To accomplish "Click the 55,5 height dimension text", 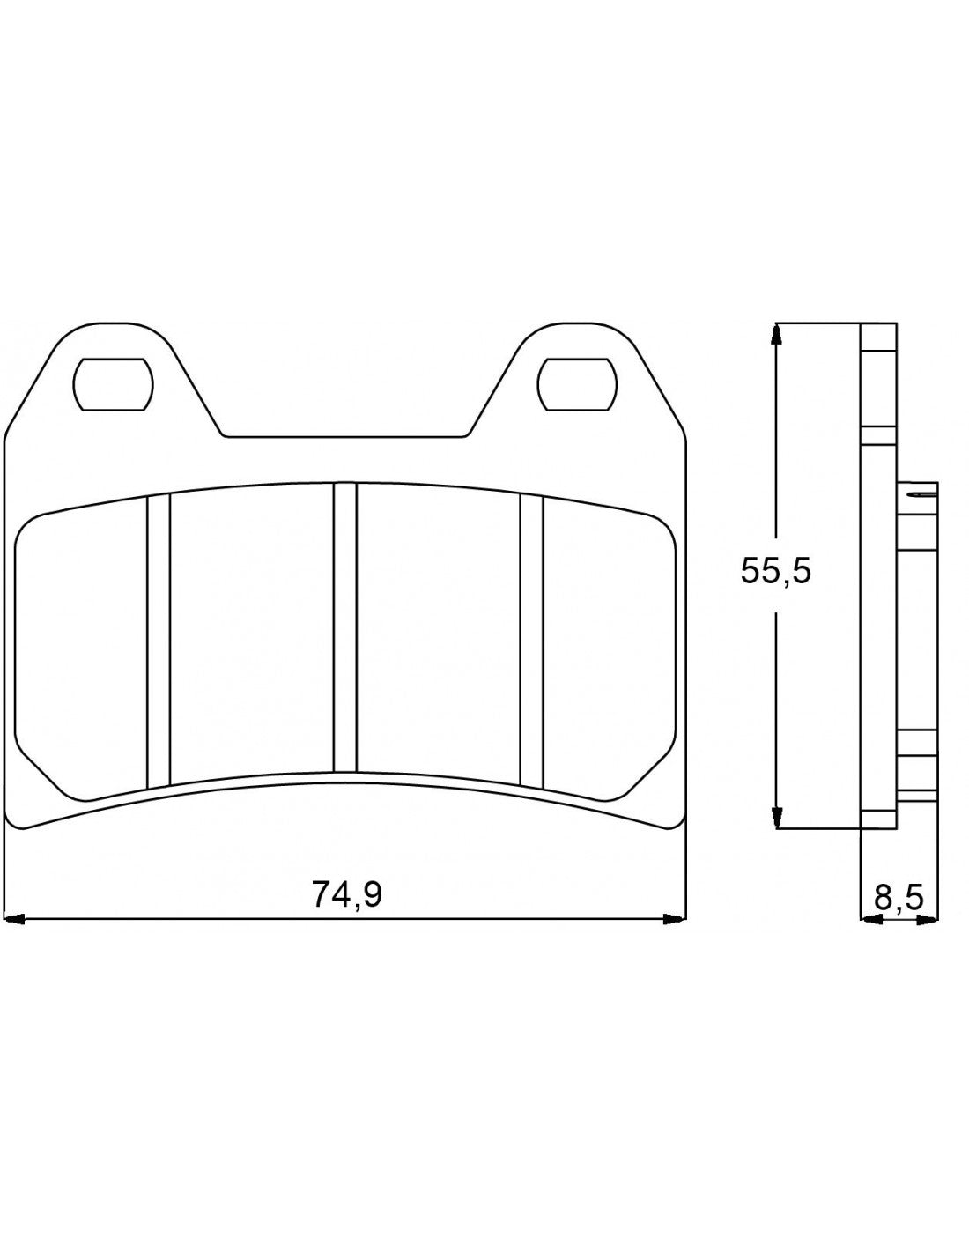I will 774,572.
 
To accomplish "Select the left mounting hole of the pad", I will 112,385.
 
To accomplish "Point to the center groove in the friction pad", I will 345,626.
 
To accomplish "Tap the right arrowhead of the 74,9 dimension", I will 674,921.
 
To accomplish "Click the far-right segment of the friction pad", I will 608,648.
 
